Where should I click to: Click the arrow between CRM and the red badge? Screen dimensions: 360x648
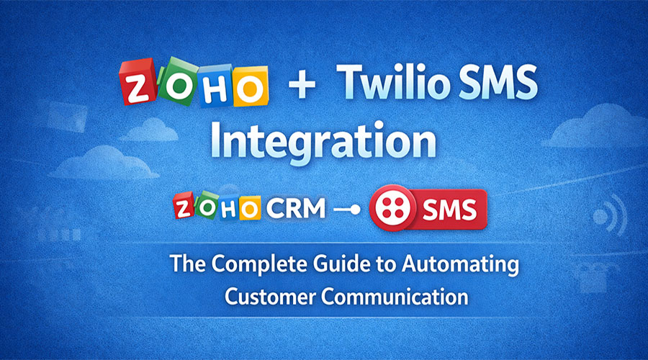(x=345, y=210)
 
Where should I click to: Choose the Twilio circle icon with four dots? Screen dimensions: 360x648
(x=391, y=209)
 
